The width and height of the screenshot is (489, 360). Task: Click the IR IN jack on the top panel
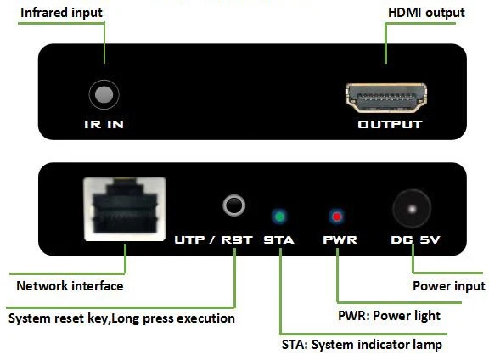click(104, 94)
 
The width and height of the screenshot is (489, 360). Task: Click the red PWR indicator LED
click(338, 215)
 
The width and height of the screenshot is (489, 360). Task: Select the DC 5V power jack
click(413, 209)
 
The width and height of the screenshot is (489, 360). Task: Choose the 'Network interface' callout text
click(70, 286)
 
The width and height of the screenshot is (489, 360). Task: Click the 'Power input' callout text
click(448, 286)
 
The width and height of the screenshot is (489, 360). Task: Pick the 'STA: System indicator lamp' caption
click(362, 346)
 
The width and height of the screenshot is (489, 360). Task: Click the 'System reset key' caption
click(121, 318)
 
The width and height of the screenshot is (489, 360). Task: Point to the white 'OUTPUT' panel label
click(390, 125)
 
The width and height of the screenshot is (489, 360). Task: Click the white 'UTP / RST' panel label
click(213, 239)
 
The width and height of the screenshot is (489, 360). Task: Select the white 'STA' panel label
click(278, 239)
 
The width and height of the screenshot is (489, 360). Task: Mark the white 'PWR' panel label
click(340, 239)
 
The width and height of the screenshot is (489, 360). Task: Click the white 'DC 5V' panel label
click(414, 239)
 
